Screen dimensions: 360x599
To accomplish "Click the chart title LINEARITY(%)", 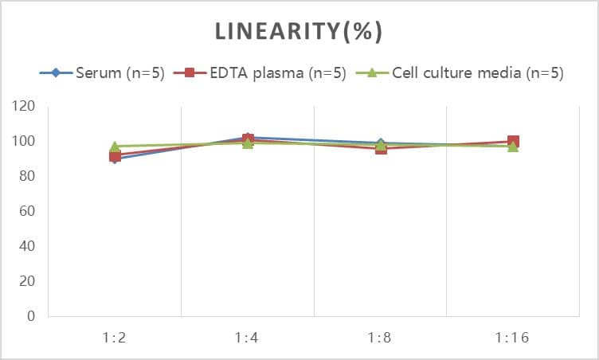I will (x=299, y=31).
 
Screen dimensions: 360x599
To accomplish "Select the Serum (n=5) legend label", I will (x=119, y=73).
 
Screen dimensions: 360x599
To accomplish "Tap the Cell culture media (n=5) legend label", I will (x=477, y=73).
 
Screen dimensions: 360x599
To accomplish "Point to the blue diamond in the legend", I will (x=56, y=73).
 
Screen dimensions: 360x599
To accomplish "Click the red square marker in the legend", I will (x=190, y=73).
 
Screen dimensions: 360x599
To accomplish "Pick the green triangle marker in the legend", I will (x=371, y=73).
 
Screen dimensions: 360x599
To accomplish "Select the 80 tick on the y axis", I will (x=28, y=176).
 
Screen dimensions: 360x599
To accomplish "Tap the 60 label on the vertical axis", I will (x=28, y=211).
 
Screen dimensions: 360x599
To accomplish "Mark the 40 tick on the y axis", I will (x=28, y=246).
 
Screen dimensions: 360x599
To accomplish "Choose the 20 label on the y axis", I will (x=28, y=281).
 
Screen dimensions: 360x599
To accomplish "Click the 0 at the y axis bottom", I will (x=31, y=316).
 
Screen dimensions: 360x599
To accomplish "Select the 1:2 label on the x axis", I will (x=115, y=337).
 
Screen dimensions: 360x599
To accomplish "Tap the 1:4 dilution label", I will (x=248, y=337).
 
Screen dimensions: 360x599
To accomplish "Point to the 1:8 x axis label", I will (x=380, y=337).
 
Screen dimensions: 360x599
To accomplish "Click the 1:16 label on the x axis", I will (x=513, y=337).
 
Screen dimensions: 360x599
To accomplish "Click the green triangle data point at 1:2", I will (x=115, y=147).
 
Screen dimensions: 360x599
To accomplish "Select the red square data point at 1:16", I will (x=513, y=142).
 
